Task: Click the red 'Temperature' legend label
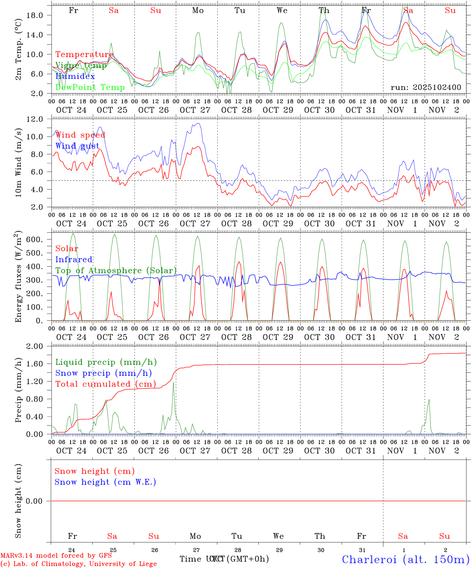coord(84,54)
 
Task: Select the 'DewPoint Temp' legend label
coord(90,87)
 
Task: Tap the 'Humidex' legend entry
coord(75,77)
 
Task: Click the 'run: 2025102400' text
coord(426,88)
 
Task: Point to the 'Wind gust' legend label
coord(77,146)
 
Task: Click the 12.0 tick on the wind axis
coord(35,119)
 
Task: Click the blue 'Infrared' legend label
coord(74,260)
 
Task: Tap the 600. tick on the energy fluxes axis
coord(34,239)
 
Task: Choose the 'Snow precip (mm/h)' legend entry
coord(103,373)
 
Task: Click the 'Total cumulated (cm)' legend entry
coord(105,384)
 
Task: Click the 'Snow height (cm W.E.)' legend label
coord(105,482)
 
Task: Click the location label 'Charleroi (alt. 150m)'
coord(406,559)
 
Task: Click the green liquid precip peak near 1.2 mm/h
coord(173,383)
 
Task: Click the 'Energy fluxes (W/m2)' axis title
coord(18,277)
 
